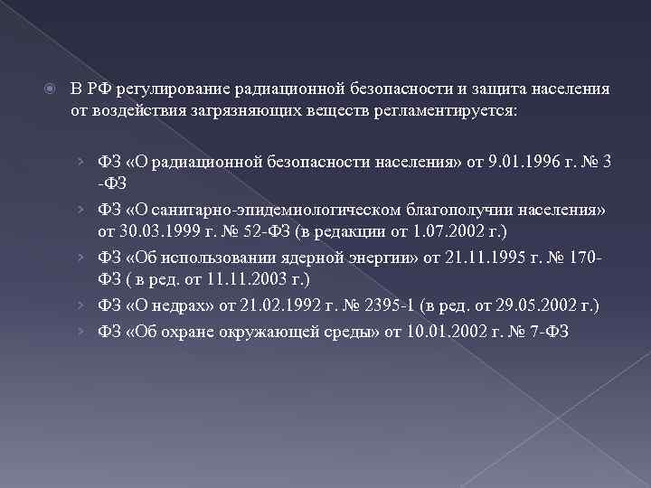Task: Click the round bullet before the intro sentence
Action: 51,89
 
